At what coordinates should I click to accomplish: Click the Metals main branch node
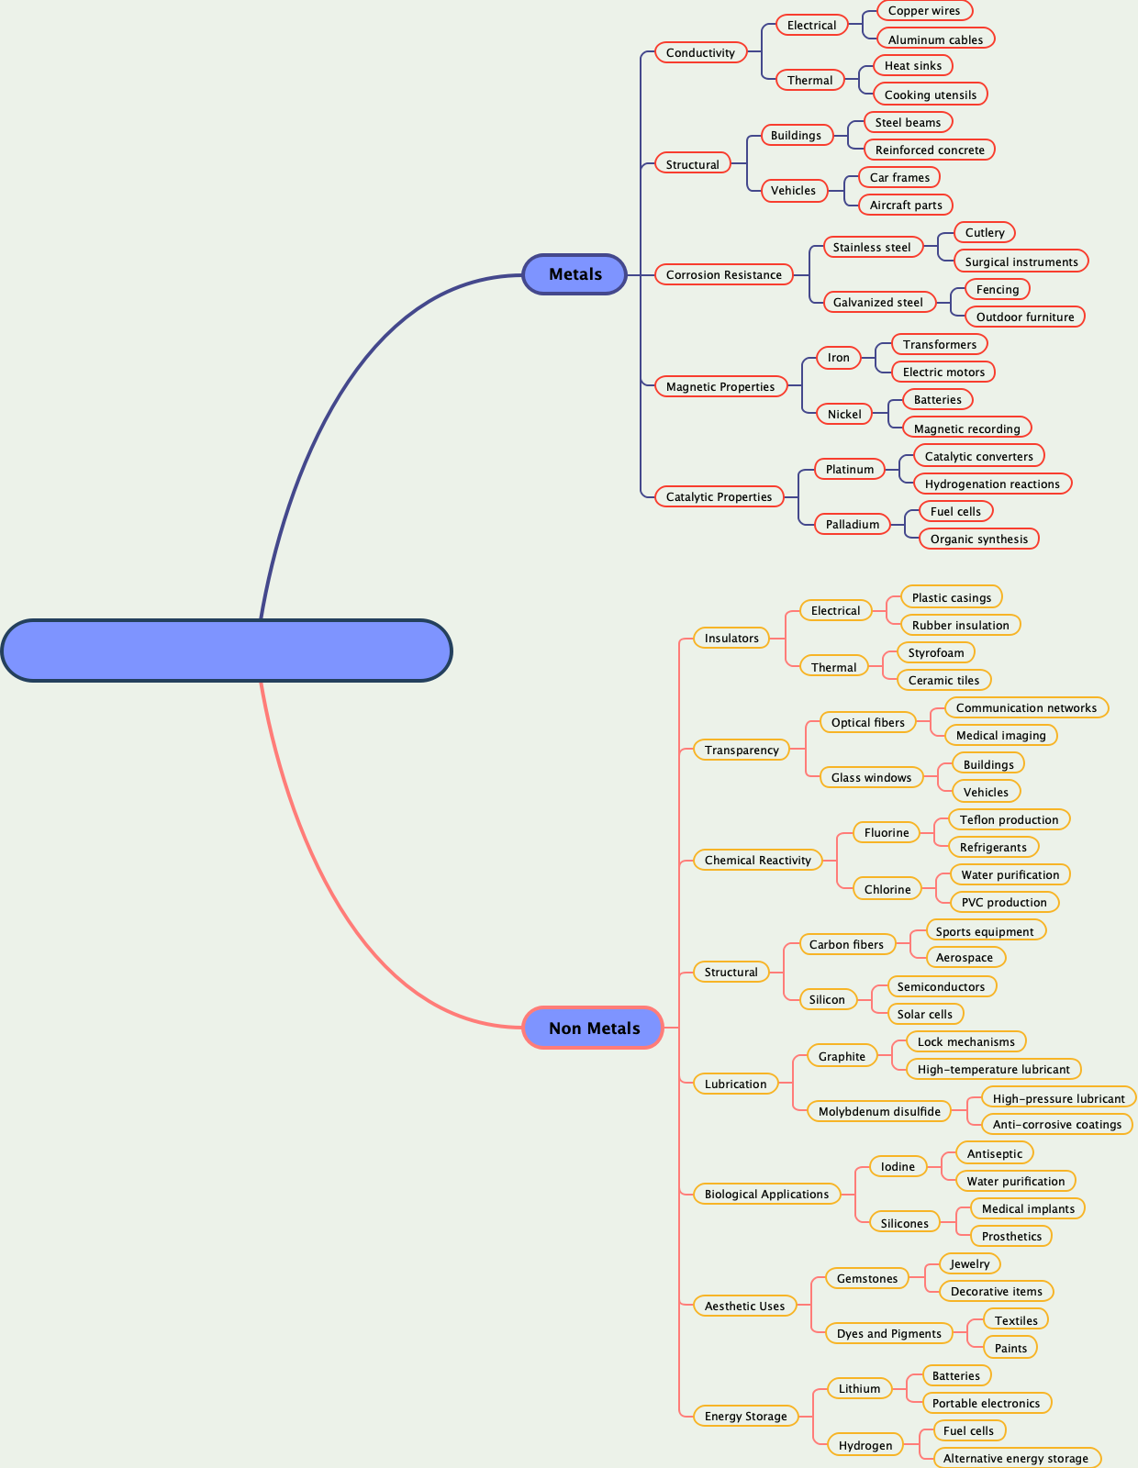(x=575, y=274)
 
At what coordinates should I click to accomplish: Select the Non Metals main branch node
(x=593, y=1028)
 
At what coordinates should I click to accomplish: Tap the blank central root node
(x=227, y=651)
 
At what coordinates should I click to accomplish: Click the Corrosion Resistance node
(x=723, y=274)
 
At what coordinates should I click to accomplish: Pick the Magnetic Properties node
(x=720, y=386)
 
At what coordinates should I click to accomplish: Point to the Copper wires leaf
(x=923, y=11)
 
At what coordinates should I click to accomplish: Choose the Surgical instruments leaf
(x=1021, y=261)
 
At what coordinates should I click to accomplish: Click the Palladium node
(x=852, y=524)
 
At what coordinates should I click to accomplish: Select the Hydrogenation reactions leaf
(x=991, y=484)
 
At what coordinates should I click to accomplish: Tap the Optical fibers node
(x=867, y=722)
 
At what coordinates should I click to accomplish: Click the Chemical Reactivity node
(x=757, y=860)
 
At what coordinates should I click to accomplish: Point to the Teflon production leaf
(x=1009, y=819)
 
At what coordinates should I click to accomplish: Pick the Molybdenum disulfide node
(x=878, y=1111)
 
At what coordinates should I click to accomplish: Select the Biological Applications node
(x=765, y=1194)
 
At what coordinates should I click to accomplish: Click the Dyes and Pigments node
(x=888, y=1333)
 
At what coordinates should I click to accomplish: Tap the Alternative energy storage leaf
(x=1015, y=1458)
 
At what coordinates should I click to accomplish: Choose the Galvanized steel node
(x=877, y=302)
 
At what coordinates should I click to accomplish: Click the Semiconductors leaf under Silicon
(x=941, y=986)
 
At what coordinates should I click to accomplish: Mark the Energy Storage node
(x=745, y=1416)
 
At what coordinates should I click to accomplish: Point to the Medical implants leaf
(x=1027, y=1208)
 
